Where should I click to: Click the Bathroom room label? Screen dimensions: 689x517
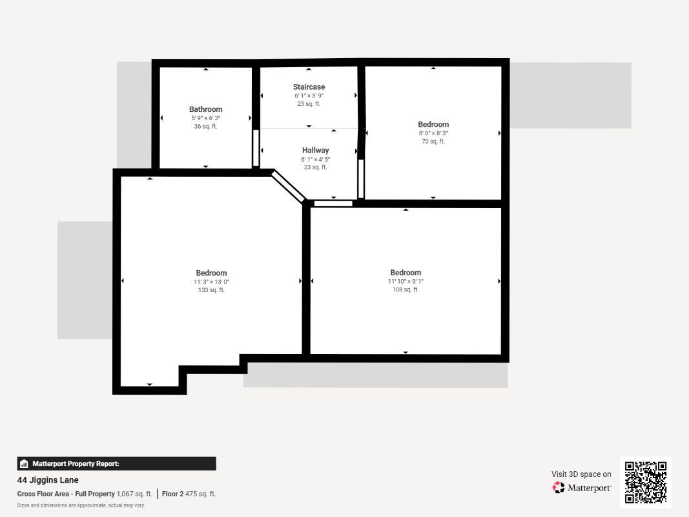pos(205,109)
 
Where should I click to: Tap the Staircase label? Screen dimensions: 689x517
pos(309,87)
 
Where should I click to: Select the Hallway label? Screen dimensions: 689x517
pos(316,151)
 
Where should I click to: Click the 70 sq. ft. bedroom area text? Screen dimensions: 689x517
pos(433,141)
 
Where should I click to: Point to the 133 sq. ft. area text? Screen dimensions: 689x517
pos(211,290)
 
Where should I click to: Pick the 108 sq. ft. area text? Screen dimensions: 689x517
pos(406,290)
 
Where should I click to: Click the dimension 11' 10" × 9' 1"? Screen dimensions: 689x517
pos(406,281)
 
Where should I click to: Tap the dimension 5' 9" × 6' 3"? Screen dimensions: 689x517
pos(205,118)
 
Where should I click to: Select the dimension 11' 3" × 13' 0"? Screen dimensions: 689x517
pos(211,282)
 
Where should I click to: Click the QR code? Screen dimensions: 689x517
pos(646,482)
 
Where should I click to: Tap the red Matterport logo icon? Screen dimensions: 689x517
pos(559,487)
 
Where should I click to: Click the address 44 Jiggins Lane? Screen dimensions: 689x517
pos(48,480)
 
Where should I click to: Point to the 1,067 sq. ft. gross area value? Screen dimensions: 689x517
pos(134,494)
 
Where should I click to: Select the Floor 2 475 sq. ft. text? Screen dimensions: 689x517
pos(189,494)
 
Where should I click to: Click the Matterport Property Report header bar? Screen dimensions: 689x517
pos(116,463)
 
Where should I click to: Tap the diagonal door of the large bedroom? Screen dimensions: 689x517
pos(288,187)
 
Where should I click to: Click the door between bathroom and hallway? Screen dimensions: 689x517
pos(256,148)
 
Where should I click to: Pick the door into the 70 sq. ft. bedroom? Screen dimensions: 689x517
pos(361,178)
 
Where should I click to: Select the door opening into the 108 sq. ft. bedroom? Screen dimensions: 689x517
pos(333,204)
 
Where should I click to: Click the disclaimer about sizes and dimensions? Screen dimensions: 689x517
pos(81,505)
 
